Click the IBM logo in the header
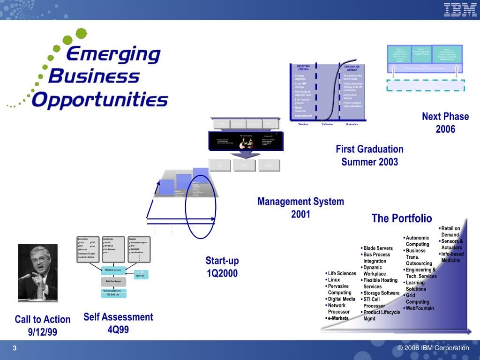pos(460,9)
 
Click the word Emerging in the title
pos(113,55)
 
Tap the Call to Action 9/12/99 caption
pos(43,325)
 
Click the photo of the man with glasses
pos(37,273)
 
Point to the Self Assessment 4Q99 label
pos(118,323)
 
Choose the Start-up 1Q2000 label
pos(222,267)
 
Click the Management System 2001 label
pos(300,208)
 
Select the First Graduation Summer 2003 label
pos(369,155)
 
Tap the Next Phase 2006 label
pos(445,122)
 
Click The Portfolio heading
pos(402,218)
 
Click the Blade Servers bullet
pos(378,248)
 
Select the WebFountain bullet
pos(420,308)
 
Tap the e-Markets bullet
pos(338,318)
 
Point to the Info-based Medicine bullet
pos(452,257)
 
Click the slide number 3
pos(15,348)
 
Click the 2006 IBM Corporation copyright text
pos(433,348)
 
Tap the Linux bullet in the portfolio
pos(334,280)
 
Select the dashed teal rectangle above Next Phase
pos(425,85)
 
